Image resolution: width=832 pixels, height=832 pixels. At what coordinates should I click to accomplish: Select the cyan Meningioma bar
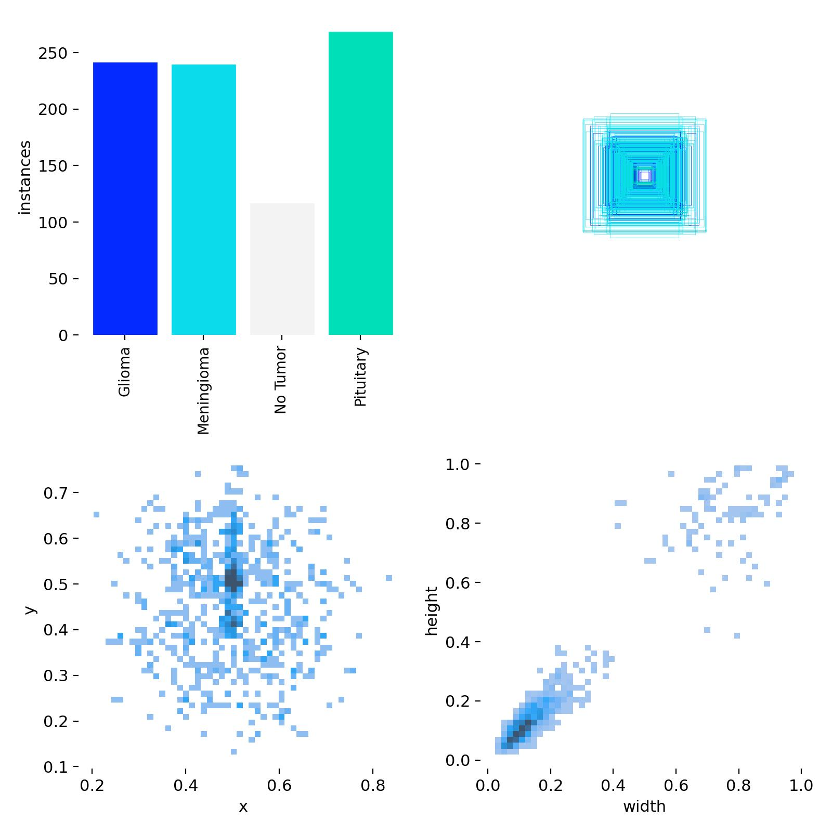click(x=203, y=200)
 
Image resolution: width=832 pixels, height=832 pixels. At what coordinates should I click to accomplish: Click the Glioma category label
click(x=124, y=372)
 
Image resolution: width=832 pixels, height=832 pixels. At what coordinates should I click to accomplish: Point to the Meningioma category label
click(x=203, y=391)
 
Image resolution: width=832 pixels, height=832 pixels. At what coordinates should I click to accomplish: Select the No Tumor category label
click(x=281, y=380)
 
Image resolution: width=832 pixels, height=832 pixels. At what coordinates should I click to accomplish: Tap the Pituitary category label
click(x=360, y=377)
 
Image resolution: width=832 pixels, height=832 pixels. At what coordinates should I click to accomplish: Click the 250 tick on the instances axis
click(x=53, y=53)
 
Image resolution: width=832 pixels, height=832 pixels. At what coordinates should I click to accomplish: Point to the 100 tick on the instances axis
click(x=53, y=223)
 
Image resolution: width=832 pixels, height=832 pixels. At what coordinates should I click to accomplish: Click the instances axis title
click(x=25, y=177)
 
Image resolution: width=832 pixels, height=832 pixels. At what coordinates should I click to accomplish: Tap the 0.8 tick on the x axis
click(x=373, y=785)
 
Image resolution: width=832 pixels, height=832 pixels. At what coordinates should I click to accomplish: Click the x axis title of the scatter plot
click(x=243, y=807)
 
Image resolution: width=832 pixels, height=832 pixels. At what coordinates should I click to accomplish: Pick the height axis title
click(x=432, y=611)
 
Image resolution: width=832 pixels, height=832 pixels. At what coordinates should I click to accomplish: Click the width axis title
click(x=644, y=807)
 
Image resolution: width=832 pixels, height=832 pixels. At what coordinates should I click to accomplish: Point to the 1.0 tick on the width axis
click(x=801, y=785)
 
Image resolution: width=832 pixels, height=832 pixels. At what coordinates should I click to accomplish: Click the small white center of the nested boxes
click(x=645, y=176)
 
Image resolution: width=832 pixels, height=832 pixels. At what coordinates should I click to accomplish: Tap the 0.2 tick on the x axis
click(x=92, y=785)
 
